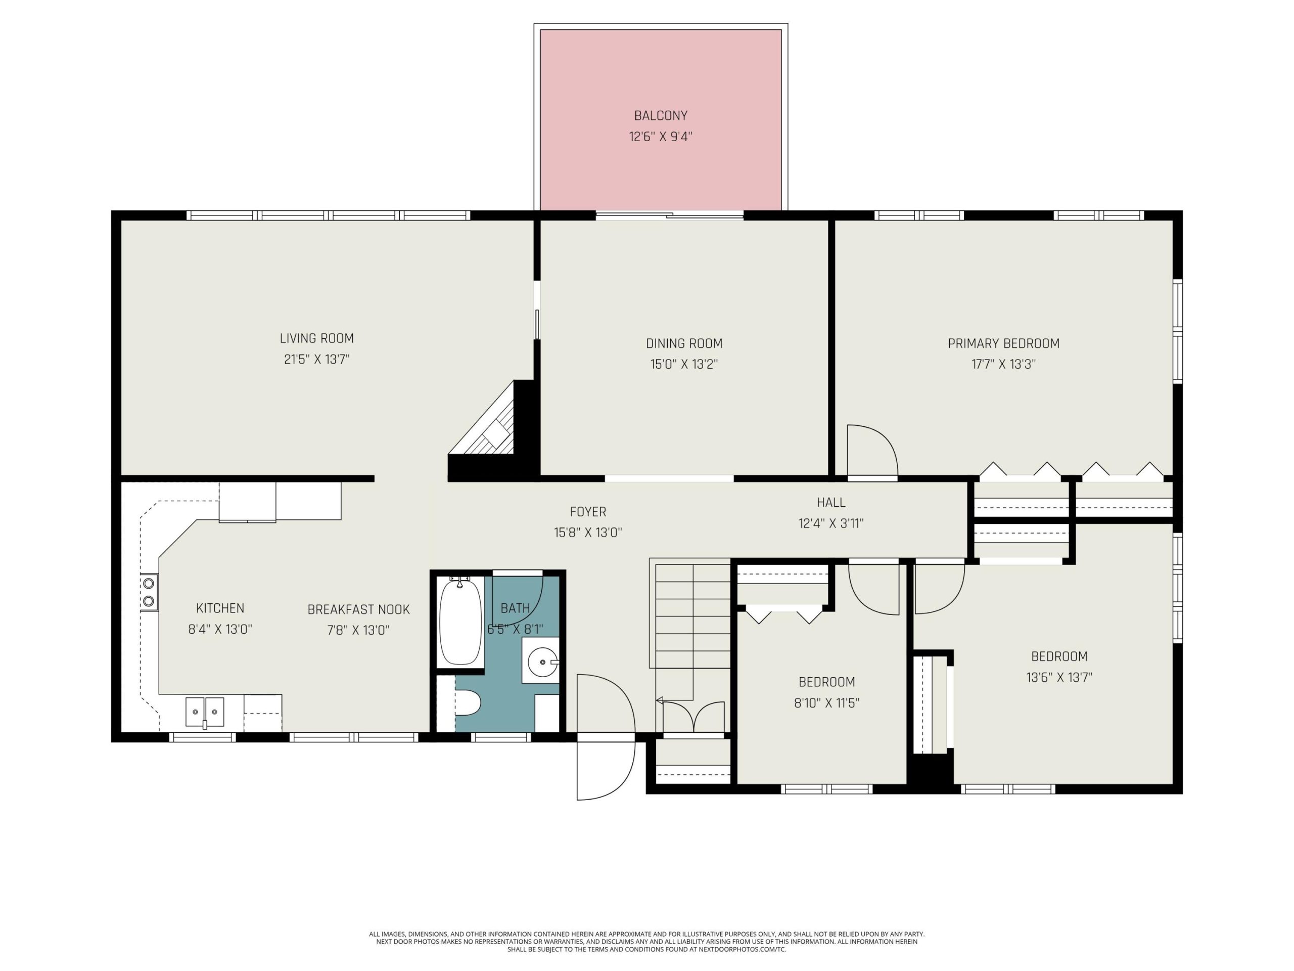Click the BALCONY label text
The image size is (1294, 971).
click(x=661, y=115)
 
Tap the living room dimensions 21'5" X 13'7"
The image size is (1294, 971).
click(x=316, y=359)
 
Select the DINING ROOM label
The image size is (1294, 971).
click(x=684, y=343)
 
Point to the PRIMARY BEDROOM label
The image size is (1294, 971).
click(x=1003, y=343)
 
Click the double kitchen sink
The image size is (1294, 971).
click(x=205, y=712)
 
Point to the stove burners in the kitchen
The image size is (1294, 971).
click(x=149, y=592)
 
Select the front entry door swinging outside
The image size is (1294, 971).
click(x=606, y=770)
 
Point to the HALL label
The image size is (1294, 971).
click(x=830, y=502)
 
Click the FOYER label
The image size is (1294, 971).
click(x=588, y=512)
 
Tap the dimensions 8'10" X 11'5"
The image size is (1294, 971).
click(x=826, y=702)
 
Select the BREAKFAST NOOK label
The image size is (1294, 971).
click(x=358, y=609)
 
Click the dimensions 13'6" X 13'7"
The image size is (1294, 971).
click(x=1059, y=677)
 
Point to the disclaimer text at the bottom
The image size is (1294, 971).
click(x=646, y=942)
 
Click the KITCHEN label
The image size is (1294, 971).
click(x=220, y=608)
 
